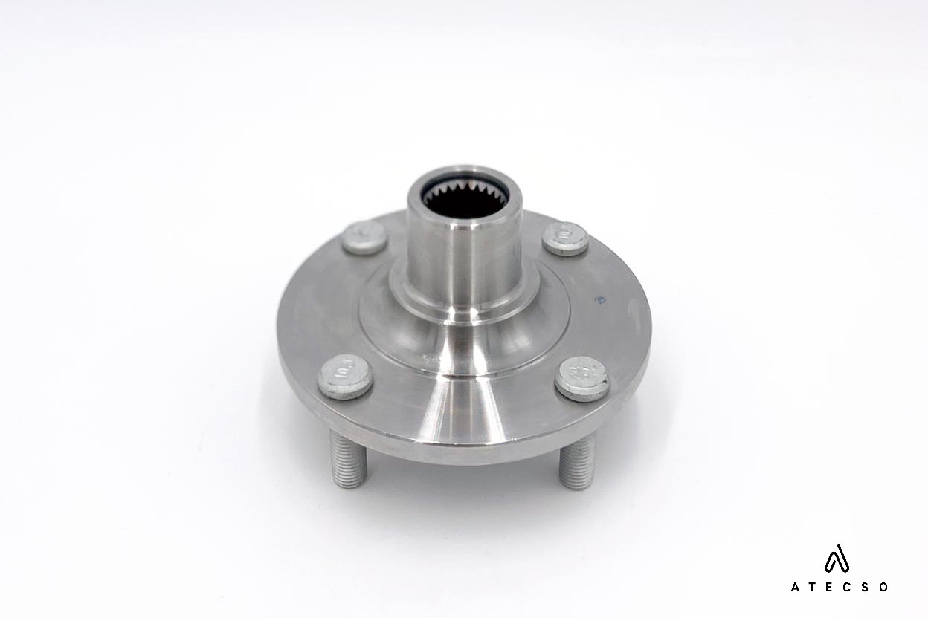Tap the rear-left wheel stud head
(x=364, y=236)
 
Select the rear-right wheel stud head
(x=565, y=238)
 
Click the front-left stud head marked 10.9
(x=345, y=376)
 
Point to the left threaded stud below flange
(x=349, y=461)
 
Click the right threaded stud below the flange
(x=577, y=462)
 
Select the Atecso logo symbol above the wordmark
(x=837, y=559)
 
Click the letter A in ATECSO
(x=795, y=587)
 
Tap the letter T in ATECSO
(x=813, y=587)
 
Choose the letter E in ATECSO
(x=831, y=587)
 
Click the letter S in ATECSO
(x=866, y=587)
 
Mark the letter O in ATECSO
(x=883, y=587)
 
